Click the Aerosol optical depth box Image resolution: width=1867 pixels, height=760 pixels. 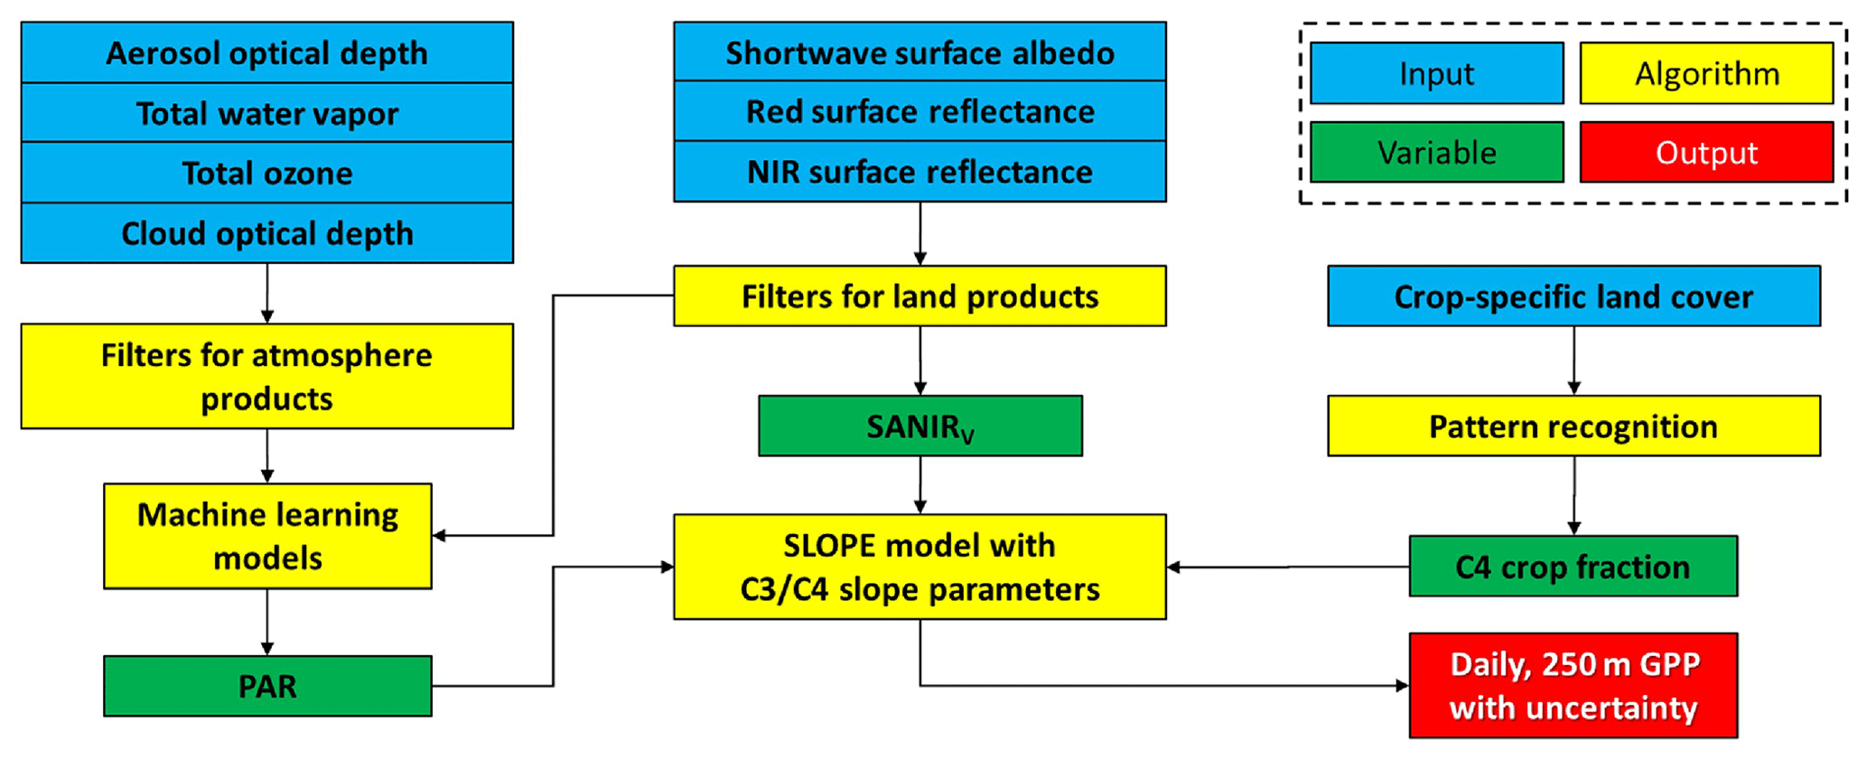click(x=267, y=52)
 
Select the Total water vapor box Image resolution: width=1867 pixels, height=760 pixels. click(x=267, y=113)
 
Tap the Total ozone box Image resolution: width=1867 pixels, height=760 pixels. click(x=267, y=173)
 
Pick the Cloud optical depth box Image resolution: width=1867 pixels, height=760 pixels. click(x=267, y=233)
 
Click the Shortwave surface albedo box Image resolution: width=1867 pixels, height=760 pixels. click(x=919, y=52)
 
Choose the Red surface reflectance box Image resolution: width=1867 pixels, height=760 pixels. click(x=919, y=111)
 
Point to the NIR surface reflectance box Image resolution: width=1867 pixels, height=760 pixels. click(x=919, y=172)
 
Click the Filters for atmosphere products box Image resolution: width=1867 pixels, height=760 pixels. click(x=267, y=376)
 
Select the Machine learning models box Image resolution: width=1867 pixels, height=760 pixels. click(x=267, y=536)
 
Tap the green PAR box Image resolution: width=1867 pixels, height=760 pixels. click(x=267, y=686)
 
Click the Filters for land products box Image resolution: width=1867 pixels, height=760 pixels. click(x=919, y=296)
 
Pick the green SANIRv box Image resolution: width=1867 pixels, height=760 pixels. click(x=919, y=426)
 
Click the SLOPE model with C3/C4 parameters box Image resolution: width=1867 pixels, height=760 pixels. click(x=919, y=567)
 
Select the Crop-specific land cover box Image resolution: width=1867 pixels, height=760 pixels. click(x=1573, y=296)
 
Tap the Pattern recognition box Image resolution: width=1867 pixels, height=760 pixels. click(x=1573, y=426)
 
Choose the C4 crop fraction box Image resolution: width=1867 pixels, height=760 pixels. click(x=1573, y=567)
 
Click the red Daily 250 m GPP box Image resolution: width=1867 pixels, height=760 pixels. click(x=1573, y=686)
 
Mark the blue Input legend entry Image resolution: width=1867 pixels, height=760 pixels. click(x=1436, y=73)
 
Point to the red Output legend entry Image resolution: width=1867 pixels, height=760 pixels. click(x=1706, y=152)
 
